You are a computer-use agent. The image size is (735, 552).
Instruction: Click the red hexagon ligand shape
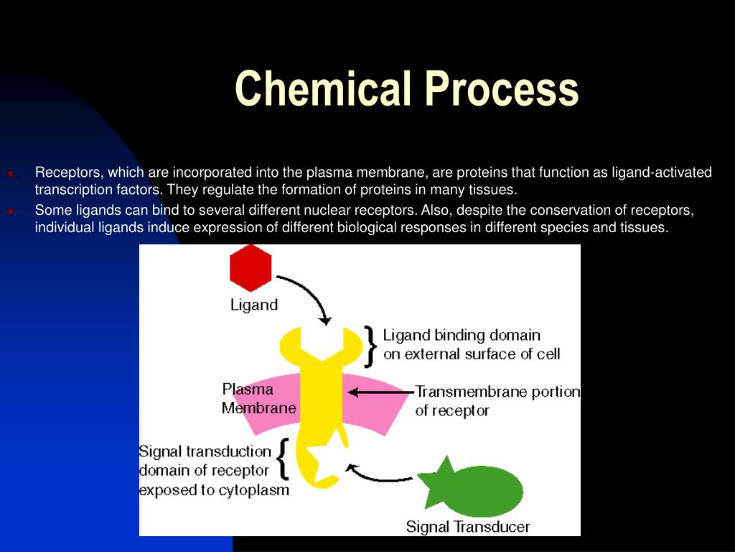[251, 268]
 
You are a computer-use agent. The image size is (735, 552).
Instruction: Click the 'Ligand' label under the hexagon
[254, 305]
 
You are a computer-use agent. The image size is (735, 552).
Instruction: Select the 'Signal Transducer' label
[468, 527]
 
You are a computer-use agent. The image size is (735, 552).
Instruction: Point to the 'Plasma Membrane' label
[258, 398]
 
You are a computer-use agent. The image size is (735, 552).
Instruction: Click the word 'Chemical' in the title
[323, 88]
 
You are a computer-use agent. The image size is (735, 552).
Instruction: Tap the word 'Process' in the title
[502, 88]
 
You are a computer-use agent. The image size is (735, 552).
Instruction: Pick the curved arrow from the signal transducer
[375, 477]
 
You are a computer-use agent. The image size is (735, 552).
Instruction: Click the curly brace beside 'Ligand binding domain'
[371, 347]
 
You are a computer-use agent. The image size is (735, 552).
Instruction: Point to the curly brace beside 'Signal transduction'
[282, 459]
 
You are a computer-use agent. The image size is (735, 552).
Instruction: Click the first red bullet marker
[10, 174]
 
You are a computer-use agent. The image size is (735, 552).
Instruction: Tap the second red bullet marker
[10, 211]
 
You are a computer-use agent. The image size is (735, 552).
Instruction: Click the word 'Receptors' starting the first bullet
[68, 172]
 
